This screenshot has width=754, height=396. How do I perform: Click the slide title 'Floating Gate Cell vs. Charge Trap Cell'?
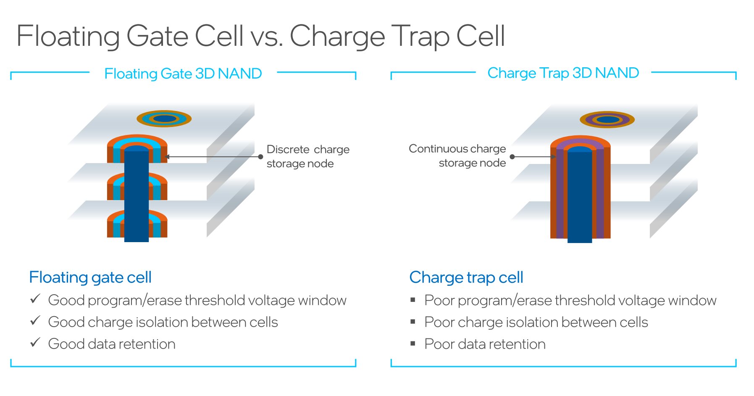pyautogui.click(x=260, y=37)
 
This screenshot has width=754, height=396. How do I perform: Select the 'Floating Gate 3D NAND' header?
pyautogui.click(x=183, y=74)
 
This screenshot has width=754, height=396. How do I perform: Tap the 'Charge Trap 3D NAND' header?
pyautogui.click(x=563, y=73)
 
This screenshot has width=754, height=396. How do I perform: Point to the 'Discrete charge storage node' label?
pyautogui.click(x=308, y=156)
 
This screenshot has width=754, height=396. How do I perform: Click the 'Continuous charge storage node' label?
pyautogui.click(x=457, y=156)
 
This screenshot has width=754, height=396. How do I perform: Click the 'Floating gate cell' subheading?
pyautogui.click(x=90, y=277)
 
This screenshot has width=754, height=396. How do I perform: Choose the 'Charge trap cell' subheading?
pyautogui.click(x=466, y=277)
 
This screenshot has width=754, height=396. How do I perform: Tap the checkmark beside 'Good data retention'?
pyautogui.click(x=35, y=343)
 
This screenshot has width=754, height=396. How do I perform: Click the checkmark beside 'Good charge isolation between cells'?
pyautogui.click(x=35, y=321)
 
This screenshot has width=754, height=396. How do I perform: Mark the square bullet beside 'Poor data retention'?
pyautogui.click(x=413, y=343)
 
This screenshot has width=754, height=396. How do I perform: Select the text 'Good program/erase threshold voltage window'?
pyautogui.click(x=197, y=300)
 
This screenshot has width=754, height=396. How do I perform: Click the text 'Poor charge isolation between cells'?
pyautogui.click(x=536, y=322)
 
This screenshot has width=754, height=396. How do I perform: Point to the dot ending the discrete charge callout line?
pyautogui.click(x=260, y=157)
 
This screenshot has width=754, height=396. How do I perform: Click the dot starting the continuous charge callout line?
pyautogui.click(x=512, y=157)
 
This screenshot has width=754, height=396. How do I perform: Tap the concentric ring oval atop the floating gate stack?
pyautogui.click(x=164, y=119)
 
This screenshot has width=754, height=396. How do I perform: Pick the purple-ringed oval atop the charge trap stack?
pyautogui.click(x=607, y=120)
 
